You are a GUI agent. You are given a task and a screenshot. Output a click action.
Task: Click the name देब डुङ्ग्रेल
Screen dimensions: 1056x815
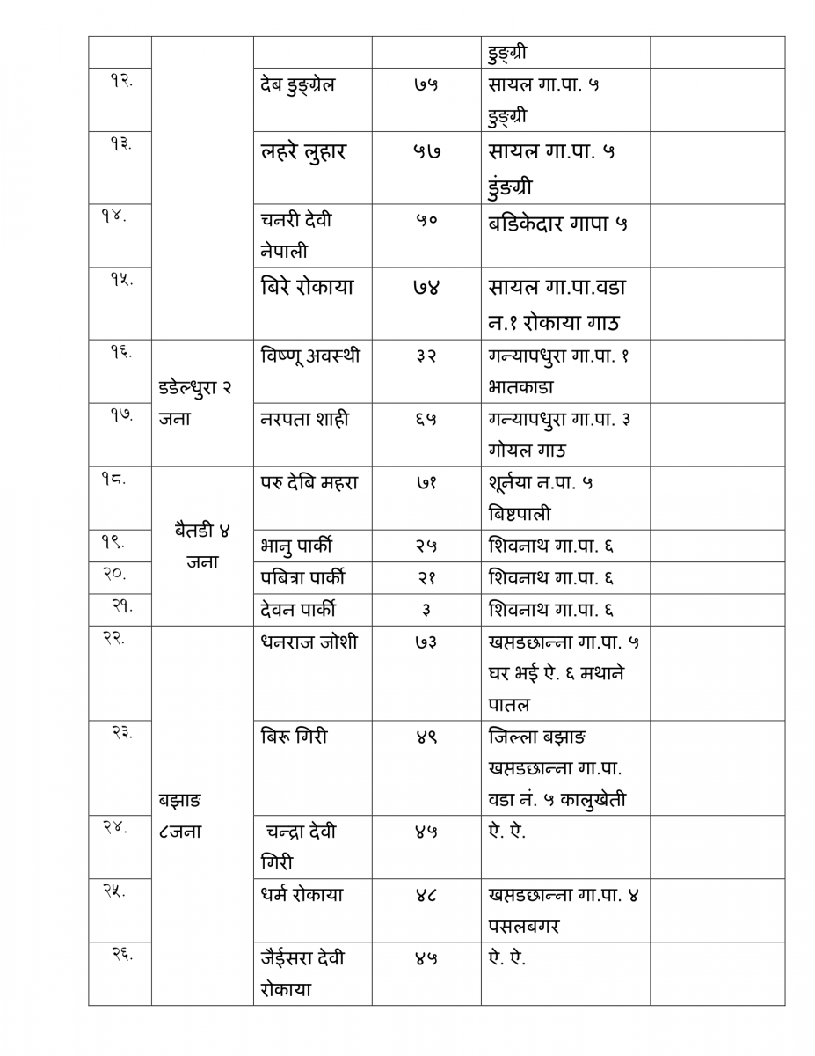pyautogui.click(x=298, y=85)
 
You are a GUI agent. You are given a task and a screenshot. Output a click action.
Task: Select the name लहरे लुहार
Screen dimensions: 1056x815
pyautogui.click(x=303, y=151)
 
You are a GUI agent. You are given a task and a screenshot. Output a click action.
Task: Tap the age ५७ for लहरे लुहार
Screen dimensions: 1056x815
pyautogui.click(x=426, y=151)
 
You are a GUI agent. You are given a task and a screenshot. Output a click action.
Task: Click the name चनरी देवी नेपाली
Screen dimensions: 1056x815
pyautogui.click(x=296, y=235)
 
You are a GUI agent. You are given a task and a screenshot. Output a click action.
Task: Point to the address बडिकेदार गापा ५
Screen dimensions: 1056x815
pyautogui.click(x=558, y=223)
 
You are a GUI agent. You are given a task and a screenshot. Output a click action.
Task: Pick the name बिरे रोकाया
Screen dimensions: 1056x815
pyautogui.click(x=307, y=287)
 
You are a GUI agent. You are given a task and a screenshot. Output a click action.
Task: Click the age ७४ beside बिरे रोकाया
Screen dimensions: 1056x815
pyautogui.click(x=426, y=287)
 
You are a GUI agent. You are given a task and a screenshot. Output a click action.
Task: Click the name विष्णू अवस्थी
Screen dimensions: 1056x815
pyautogui.click(x=310, y=356)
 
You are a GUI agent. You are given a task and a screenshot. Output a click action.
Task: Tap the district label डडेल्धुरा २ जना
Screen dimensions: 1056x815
pyautogui.click(x=195, y=403)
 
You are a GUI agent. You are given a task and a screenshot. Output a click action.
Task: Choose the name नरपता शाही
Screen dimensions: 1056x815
pyautogui.click(x=304, y=419)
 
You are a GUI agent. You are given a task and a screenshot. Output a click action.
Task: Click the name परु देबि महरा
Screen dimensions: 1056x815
pyautogui.click(x=309, y=482)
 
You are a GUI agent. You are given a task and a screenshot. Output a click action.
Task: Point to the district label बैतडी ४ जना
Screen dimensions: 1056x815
pyautogui.click(x=202, y=546)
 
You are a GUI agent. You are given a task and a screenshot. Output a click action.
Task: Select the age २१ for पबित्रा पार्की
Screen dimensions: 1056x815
pyautogui.click(x=426, y=578)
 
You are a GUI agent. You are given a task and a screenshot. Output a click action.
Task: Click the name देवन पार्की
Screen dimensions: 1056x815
pyautogui.click(x=298, y=610)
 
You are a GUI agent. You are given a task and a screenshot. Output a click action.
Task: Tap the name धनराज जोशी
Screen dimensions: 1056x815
pyautogui.click(x=309, y=642)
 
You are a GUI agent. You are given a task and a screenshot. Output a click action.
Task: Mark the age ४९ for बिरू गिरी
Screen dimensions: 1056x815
pyautogui.click(x=426, y=737)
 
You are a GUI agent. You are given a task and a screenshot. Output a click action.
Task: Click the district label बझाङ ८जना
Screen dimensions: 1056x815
pyautogui.click(x=181, y=816)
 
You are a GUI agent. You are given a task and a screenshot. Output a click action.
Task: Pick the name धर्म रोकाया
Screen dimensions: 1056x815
pyautogui.click(x=302, y=895)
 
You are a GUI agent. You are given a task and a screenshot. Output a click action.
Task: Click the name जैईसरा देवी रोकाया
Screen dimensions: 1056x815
pyautogui.click(x=302, y=973)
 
